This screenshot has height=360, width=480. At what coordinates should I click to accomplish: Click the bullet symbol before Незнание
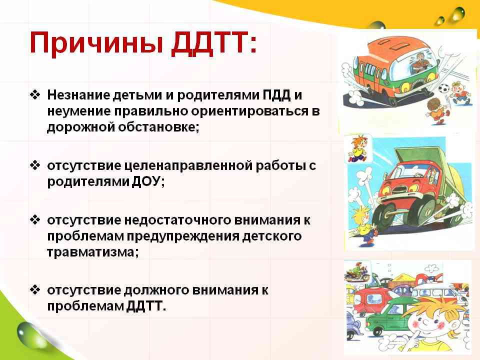(35, 95)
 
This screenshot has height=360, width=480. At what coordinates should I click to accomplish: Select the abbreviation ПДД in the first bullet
(276, 95)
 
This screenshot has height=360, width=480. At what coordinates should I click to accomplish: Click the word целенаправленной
(188, 166)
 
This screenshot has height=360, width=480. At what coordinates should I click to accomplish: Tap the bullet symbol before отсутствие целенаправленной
(35, 165)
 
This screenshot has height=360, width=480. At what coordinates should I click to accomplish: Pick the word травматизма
(91, 252)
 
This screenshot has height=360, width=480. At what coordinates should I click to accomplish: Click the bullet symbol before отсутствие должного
(35, 289)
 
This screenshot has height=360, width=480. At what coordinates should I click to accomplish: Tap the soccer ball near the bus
(444, 88)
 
